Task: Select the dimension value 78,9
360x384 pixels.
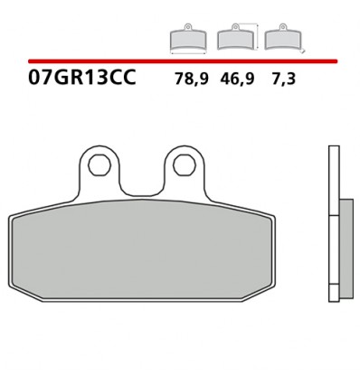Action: [191, 79]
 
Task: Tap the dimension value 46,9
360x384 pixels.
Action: [238, 79]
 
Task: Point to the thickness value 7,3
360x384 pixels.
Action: [282, 79]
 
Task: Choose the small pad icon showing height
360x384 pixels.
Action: [235, 38]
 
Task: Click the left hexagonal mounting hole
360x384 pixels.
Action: [99, 165]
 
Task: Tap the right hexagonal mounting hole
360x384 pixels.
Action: [183, 165]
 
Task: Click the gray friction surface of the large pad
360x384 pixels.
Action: [142, 252]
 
